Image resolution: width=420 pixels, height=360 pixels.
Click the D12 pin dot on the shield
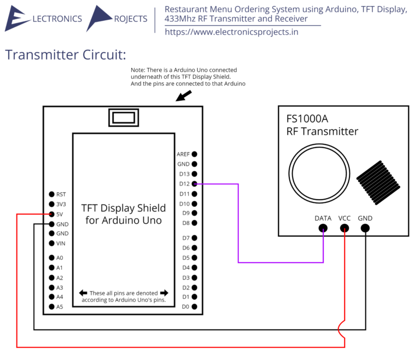click(x=194, y=184)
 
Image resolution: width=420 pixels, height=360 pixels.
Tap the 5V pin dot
click(x=51, y=214)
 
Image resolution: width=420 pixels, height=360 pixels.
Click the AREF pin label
click(x=183, y=154)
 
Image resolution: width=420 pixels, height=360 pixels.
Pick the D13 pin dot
click(x=194, y=174)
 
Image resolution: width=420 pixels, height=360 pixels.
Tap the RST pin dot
click(x=51, y=194)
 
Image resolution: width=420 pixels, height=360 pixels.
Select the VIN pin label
click(x=61, y=243)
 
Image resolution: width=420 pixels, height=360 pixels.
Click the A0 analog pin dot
click(x=51, y=258)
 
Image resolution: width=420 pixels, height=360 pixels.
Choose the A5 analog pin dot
click(x=51, y=307)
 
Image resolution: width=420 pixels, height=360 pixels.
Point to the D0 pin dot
click(x=194, y=307)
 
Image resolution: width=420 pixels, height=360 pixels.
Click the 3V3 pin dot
click(x=51, y=204)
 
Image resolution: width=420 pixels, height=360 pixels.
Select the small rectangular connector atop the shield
click(x=123, y=118)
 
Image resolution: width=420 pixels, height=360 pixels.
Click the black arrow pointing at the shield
click(x=184, y=96)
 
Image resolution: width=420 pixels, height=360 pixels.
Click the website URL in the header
click(x=231, y=32)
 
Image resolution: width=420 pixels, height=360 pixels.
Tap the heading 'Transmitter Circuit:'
click(x=66, y=55)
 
